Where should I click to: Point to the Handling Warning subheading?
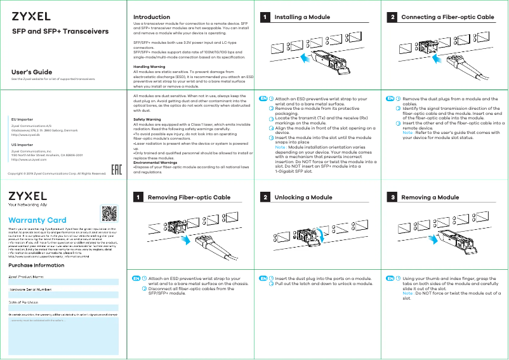(x=149, y=67)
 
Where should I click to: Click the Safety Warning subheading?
(x=147, y=119)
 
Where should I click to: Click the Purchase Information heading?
(x=36, y=265)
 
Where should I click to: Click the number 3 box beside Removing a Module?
(x=393, y=197)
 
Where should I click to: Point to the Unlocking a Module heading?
(x=303, y=197)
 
